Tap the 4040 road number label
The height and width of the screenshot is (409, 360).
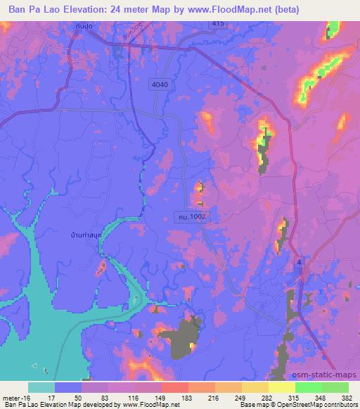pos(160,84)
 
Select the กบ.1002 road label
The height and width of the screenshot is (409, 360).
pos(191,219)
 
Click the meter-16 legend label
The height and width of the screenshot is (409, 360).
pos(15,398)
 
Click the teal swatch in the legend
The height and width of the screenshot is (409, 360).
pos(41,387)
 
